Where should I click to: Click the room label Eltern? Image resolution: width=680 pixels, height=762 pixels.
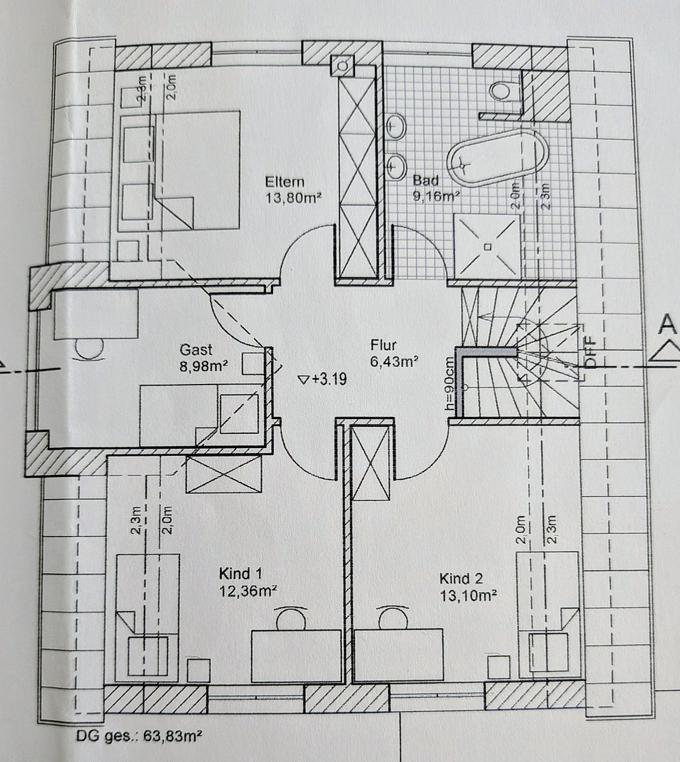coord(285,182)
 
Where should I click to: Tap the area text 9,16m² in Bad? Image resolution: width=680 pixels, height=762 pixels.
coord(437,197)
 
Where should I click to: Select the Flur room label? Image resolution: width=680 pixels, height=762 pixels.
coord(384,345)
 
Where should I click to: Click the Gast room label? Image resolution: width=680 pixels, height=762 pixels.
coord(196,350)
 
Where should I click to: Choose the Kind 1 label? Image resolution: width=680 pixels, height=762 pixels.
coord(241,574)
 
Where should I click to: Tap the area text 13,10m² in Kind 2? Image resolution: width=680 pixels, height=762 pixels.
coord(468,595)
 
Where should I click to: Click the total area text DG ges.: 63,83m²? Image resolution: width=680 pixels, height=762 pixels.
coord(139,736)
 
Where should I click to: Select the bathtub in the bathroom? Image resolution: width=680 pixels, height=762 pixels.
coord(497,158)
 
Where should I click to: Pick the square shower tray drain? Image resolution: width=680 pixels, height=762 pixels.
coord(487,247)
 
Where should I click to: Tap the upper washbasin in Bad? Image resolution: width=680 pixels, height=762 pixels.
coord(396,127)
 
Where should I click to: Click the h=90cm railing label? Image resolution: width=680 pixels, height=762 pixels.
coord(449,384)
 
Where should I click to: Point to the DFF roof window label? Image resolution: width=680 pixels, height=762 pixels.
coord(590,352)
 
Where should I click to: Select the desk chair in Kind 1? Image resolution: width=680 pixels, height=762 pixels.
coord(291,618)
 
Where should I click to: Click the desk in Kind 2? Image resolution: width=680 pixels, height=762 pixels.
coord(399,655)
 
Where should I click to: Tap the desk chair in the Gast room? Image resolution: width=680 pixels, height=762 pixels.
coord(90,349)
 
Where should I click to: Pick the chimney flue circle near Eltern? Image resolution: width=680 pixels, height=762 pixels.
coord(343,66)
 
